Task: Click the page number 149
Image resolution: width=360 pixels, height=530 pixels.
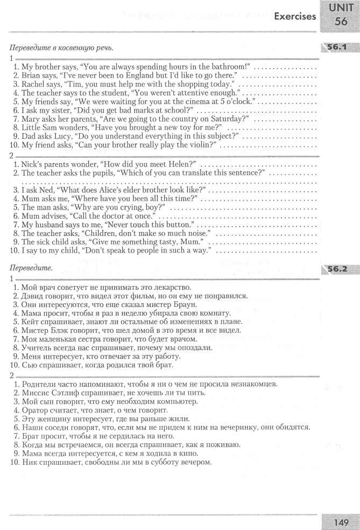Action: coord(341,521)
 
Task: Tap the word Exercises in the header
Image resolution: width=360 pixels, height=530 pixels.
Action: coord(295,17)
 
